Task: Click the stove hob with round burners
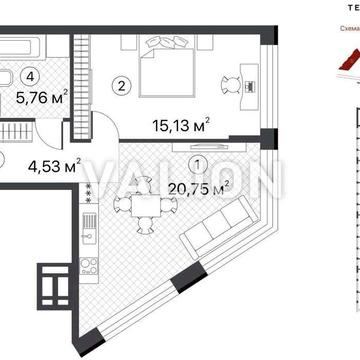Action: pos(85,271)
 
